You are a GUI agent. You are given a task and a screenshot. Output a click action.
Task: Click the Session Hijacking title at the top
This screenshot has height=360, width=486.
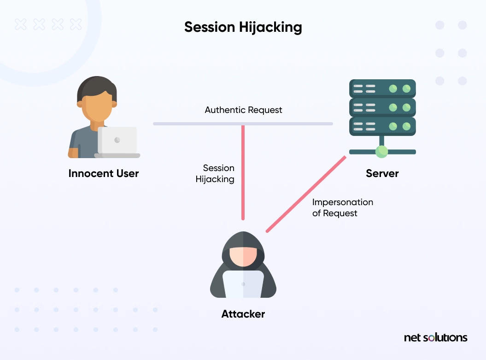pos(243,27)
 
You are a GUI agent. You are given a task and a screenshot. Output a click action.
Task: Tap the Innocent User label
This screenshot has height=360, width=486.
pos(104,174)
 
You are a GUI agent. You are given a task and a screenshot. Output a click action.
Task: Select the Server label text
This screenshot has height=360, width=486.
pos(382,174)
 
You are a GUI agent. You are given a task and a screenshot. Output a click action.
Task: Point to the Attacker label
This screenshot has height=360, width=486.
pos(243,314)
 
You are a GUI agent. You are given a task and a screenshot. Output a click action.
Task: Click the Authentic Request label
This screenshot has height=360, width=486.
pos(243,110)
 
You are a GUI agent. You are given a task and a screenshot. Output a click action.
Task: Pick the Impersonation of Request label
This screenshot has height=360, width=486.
pos(342,207)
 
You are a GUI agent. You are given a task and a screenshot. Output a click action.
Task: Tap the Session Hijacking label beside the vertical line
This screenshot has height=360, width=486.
pos(215,173)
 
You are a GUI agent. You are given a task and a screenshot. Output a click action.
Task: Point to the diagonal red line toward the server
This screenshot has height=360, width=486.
pos(306,193)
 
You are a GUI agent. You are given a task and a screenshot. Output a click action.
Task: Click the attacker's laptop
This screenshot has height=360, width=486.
pos(243,284)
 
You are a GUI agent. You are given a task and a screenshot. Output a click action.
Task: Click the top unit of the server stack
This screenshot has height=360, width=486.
pos(382,88)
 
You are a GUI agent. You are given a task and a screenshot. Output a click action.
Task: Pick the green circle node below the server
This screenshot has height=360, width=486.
pos(381,151)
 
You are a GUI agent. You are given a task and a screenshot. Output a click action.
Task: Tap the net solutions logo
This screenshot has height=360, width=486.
pos(435,337)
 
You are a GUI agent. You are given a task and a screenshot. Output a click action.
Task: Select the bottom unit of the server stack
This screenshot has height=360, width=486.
pos(382,126)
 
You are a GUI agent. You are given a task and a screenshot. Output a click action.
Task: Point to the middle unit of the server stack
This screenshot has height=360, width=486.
pos(382,107)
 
